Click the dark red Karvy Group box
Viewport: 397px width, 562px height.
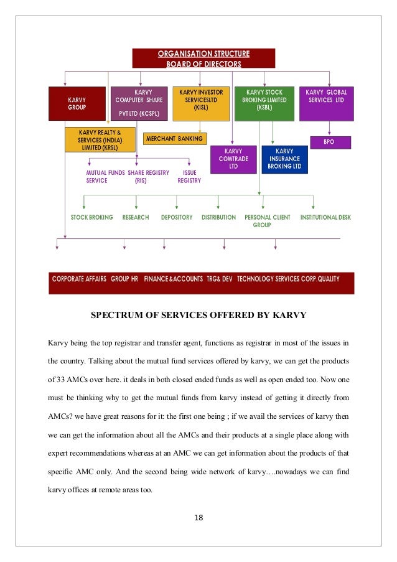tap(78, 103)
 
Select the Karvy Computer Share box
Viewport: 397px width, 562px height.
tap(141, 103)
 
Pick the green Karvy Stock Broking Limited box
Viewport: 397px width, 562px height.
tap(263, 103)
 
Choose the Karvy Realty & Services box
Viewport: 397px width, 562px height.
tap(101, 139)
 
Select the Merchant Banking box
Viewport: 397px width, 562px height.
tap(175, 138)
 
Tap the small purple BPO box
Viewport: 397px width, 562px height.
tap(330, 142)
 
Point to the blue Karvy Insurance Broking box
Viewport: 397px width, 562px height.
tap(284, 159)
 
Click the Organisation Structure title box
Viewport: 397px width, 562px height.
tap(203, 58)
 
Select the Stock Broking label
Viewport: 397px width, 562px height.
tap(92, 217)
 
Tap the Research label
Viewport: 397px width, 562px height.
tap(136, 217)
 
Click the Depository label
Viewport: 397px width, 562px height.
tap(177, 217)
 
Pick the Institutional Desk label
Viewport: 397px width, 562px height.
tap(325, 217)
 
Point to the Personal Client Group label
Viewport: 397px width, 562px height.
tap(268, 221)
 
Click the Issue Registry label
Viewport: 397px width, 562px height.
tap(189, 176)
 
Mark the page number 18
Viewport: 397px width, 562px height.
tap(199, 517)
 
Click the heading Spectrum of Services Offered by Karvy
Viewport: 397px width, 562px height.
tap(198, 314)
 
